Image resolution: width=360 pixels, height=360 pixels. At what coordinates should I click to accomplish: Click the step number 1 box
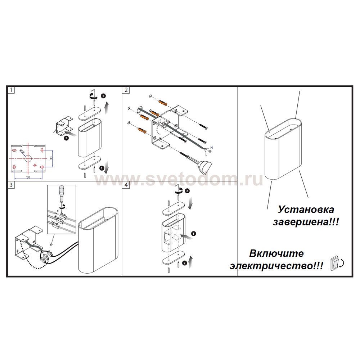[11, 90]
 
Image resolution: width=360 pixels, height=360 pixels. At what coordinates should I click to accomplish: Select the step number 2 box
[126, 90]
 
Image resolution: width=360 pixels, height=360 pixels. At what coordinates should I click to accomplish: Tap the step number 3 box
[11, 185]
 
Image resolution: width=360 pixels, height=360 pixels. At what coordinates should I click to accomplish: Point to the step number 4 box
[126, 185]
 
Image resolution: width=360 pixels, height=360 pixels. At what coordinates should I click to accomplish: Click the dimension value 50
[28, 177]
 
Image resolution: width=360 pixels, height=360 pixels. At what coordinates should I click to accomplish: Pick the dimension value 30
[51, 158]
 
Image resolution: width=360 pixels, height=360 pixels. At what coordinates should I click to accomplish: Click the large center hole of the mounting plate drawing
[28, 158]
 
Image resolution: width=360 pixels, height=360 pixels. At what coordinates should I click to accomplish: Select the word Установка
[306, 210]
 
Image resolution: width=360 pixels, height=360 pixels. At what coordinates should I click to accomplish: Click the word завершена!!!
[306, 222]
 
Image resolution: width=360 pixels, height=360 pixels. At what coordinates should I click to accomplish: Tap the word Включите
[276, 253]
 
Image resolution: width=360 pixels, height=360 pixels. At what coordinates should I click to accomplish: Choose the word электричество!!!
[276, 266]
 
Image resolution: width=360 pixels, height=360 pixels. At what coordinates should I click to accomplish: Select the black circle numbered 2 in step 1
[66, 138]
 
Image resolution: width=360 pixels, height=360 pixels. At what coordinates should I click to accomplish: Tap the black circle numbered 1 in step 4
[194, 234]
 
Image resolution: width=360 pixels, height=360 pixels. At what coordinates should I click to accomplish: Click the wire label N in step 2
[211, 148]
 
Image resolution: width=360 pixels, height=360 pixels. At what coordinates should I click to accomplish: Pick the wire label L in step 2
[206, 154]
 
